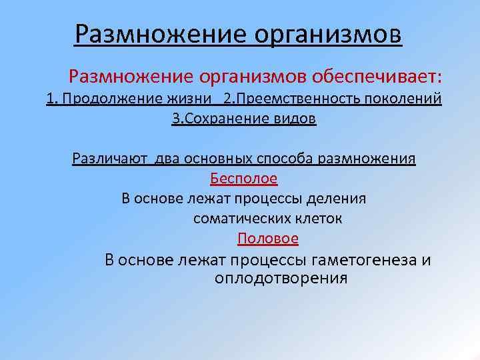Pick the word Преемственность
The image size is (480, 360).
pyautogui.click(x=295, y=99)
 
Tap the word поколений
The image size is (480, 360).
pyautogui.click(x=402, y=99)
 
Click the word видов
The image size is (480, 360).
pyautogui.click(x=297, y=119)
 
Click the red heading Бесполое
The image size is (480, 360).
pyautogui.click(x=243, y=179)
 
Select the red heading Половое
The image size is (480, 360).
pyautogui.click(x=267, y=238)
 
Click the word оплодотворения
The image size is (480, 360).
pyautogui.click(x=281, y=277)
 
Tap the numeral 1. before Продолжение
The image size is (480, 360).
pyautogui.click(x=52, y=99)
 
